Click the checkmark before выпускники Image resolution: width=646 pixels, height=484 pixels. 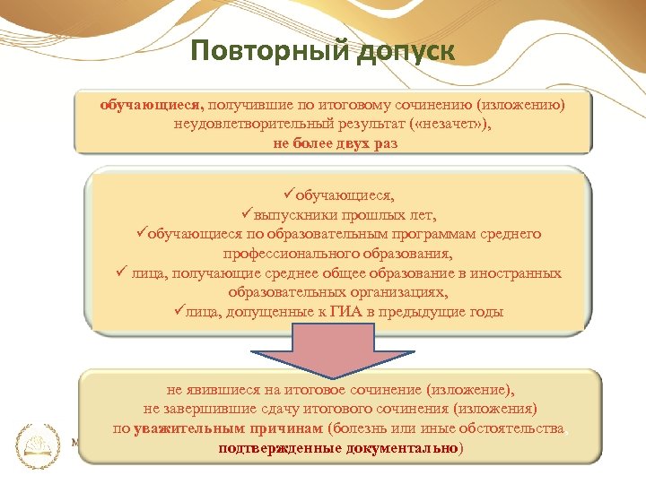tap(248, 213)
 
